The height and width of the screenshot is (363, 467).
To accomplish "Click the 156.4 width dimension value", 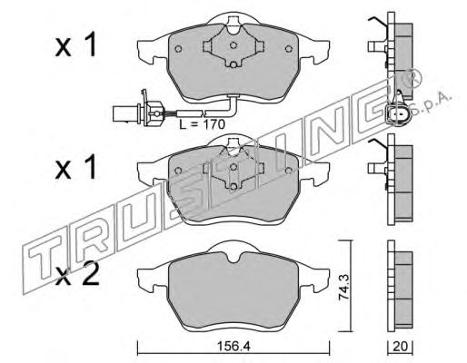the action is (x=233, y=347).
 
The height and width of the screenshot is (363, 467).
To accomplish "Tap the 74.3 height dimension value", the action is (x=344, y=287).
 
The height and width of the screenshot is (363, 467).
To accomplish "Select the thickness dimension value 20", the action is (x=400, y=347).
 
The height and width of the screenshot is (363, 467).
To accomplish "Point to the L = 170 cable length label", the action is (x=202, y=124).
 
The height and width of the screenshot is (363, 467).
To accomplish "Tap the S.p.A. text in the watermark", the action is (x=432, y=105).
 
